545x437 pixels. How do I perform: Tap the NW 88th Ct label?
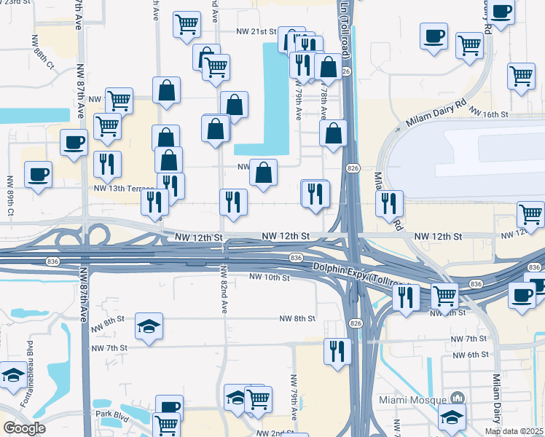(x=43, y=53)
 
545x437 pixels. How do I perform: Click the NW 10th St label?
(x=270, y=277)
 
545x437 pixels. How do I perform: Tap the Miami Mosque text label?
(x=412, y=400)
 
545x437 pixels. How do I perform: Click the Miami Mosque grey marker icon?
(x=457, y=398)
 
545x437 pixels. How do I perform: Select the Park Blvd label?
(x=112, y=414)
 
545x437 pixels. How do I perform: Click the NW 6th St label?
(x=469, y=355)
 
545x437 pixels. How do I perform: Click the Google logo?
(x=24, y=428)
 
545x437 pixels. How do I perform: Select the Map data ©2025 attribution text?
(x=514, y=431)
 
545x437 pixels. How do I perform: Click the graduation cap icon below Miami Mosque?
(x=452, y=418)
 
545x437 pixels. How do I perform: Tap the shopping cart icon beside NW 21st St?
(x=187, y=24)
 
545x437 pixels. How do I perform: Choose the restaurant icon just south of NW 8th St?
(x=337, y=350)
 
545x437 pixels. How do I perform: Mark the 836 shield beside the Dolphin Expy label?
(x=296, y=259)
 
